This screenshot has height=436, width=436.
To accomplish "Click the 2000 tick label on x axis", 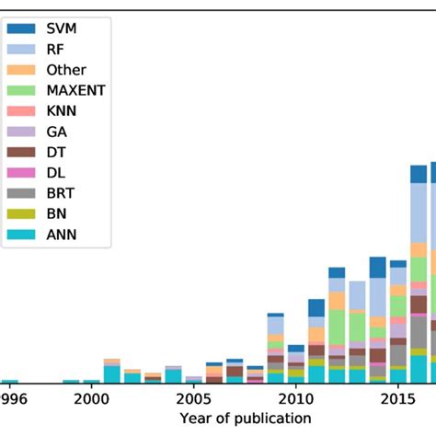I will [x=90, y=399].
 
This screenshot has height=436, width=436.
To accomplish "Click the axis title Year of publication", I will [x=245, y=419].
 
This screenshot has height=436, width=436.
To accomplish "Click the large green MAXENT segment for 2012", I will [x=337, y=327].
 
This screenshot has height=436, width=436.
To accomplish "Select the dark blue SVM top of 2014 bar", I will [x=378, y=267].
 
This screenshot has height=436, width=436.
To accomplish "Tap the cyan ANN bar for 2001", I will [x=111, y=373].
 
